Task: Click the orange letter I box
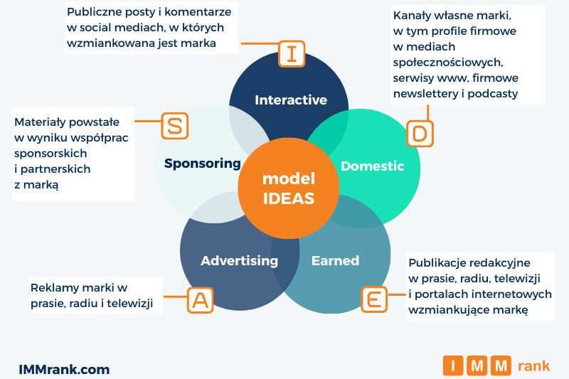click(292, 54)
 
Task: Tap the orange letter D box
click(420, 133)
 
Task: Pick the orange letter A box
click(200, 300)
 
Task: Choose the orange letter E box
click(374, 299)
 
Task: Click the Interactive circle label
click(291, 100)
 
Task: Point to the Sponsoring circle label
click(203, 163)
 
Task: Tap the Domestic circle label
click(372, 166)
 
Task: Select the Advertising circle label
click(239, 260)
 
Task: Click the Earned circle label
click(335, 260)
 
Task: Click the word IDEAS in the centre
click(288, 198)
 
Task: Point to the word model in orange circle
click(288, 178)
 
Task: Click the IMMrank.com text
click(64, 369)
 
